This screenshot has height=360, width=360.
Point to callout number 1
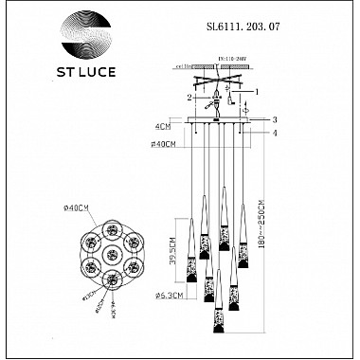tap(257, 91)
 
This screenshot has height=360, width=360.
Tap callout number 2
tap(189, 97)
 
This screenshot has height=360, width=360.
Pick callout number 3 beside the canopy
tap(274, 120)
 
